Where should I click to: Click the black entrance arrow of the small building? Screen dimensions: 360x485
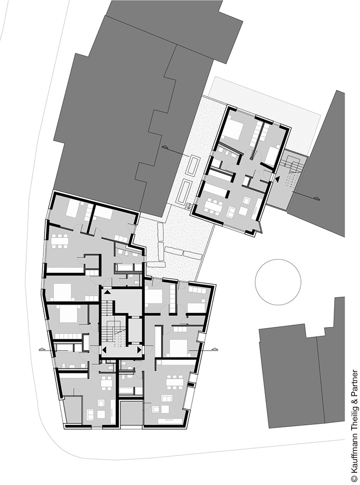coord(277,178)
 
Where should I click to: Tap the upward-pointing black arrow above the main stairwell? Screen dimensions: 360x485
coord(107,291)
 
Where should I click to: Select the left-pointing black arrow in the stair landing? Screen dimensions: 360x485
coord(104,350)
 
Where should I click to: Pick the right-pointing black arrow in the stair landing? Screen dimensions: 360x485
coord(139,350)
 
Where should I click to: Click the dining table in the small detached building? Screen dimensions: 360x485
coord(212,206)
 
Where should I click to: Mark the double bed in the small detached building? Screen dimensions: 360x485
coord(233,129)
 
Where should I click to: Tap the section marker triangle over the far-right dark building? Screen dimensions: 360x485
coord(316,198)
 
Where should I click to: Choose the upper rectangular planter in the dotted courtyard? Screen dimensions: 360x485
coord(193,165)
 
